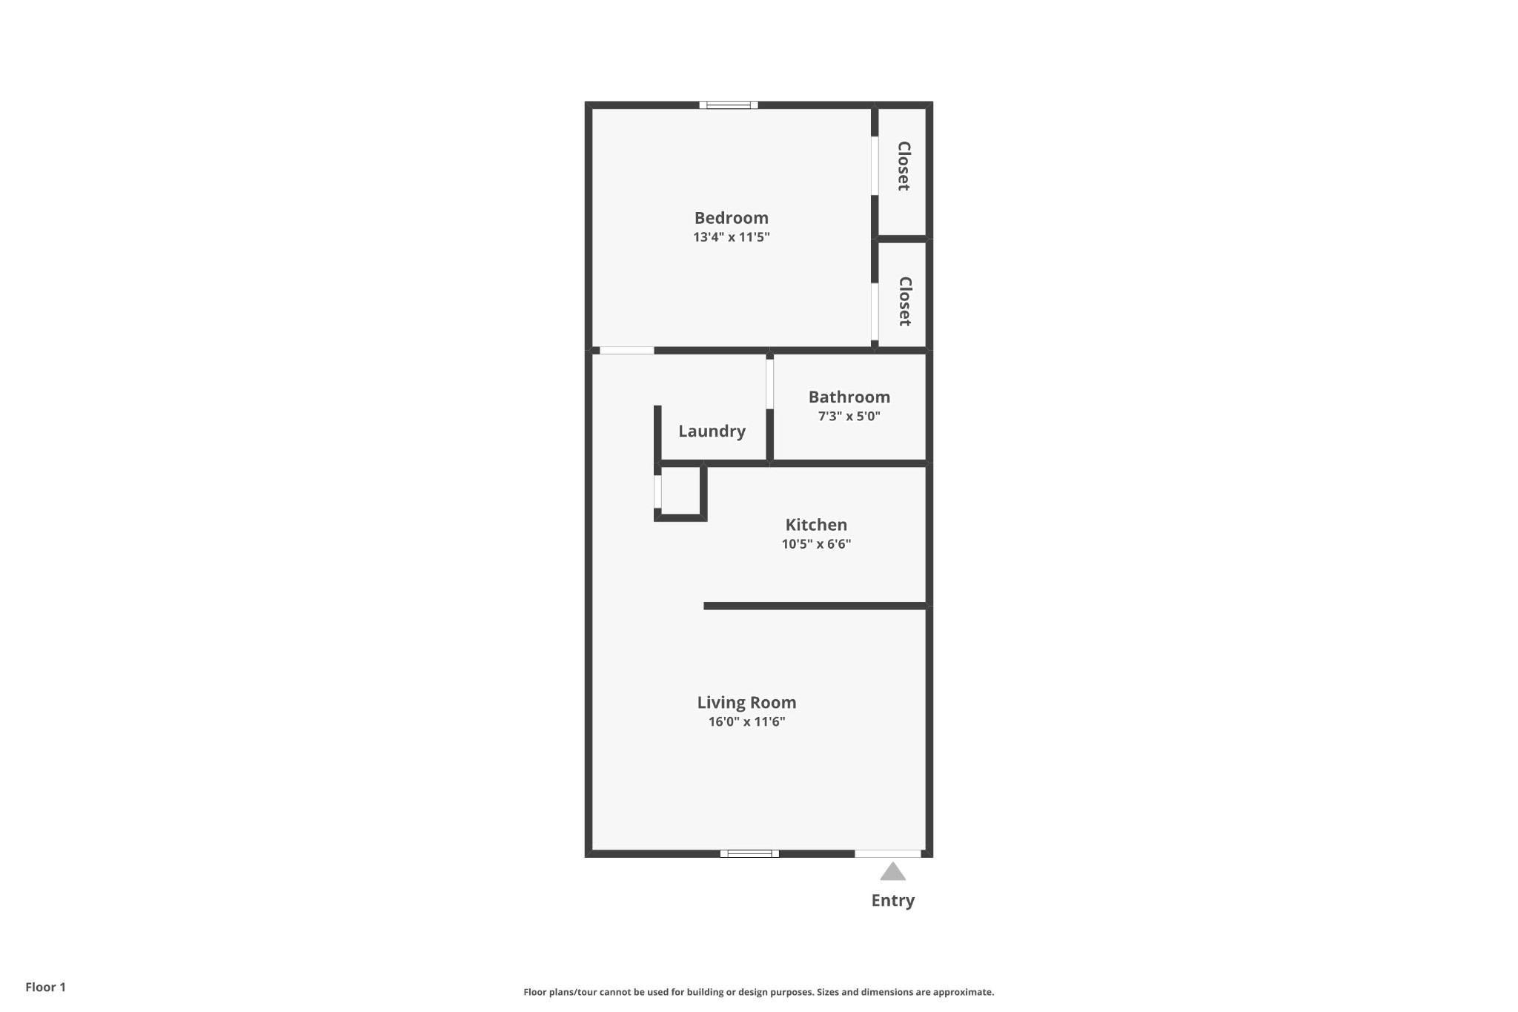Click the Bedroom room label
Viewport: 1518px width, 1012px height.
pyautogui.click(x=731, y=218)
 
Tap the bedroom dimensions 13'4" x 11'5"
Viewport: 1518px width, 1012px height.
pyautogui.click(x=732, y=237)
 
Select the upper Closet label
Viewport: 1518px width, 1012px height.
pyautogui.click(x=904, y=166)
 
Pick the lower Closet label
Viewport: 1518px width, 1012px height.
pyautogui.click(x=904, y=301)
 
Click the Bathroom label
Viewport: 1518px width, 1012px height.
pyautogui.click(x=849, y=397)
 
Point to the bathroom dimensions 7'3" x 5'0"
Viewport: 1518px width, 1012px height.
pyautogui.click(x=849, y=416)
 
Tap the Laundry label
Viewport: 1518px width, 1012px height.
pyautogui.click(x=712, y=431)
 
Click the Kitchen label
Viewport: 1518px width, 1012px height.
pyautogui.click(x=816, y=525)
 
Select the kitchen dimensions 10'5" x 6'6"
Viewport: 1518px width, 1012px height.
pyautogui.click(x=816, y=544)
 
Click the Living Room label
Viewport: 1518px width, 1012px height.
pyautogui.click(x=746, y=703)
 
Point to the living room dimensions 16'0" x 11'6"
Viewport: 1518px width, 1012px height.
pyautogui.click(x=746, y=722)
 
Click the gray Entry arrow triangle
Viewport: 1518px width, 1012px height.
pyautogui.click(x=892, y=872)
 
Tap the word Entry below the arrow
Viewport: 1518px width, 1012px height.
pyautogui.click(x=892, y=901)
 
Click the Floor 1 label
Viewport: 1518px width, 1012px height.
pyautogui.click(x=45, y=987)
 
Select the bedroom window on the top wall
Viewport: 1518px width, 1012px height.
pyautogui.click(x=729, y=105)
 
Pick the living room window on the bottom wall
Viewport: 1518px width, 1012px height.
pyautogui.click(x=749, y=853)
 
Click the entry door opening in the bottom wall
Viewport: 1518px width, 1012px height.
pyautogui.click(x=888, y=853)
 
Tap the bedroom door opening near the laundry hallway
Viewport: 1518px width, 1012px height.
pyautogui.click(x=627, y=350)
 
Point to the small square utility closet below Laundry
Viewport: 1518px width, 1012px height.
pyautogui.click(x=680, y=491)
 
